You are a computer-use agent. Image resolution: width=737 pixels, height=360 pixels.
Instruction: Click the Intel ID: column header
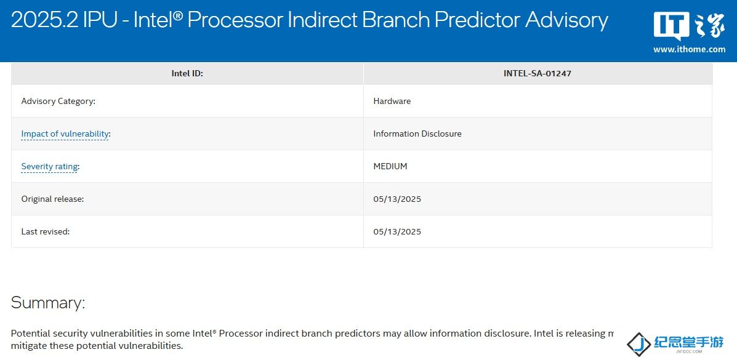[x=187, y=73]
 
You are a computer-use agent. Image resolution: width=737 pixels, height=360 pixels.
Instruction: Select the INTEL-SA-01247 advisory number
[x=538, y=73]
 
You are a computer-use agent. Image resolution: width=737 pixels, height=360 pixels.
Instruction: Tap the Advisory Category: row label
[x=58, y=101]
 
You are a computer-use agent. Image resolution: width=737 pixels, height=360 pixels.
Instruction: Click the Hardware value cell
[x=392, y=101]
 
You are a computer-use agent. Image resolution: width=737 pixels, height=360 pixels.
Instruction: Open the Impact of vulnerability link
[x=65, y=134]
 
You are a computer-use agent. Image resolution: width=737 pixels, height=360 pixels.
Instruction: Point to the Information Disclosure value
[x=417, y=134]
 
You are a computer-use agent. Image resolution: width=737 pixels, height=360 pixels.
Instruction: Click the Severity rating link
[x=49, y=166]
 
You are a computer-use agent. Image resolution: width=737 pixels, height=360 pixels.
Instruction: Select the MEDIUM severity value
[x=390, y=166]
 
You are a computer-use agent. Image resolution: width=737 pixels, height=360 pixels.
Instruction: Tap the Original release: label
[x=52, y=199]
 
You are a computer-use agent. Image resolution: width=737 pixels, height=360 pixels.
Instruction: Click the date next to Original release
[x=397, y=199]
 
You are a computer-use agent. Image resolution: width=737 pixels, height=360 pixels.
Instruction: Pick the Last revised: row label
[x=45, y=231]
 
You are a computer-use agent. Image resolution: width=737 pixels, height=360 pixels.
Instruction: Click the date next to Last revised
[x=397, y=231]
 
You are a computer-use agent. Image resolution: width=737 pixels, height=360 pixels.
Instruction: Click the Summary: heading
[x=48, y=302]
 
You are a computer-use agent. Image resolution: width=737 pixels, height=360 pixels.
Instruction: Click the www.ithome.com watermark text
[x=689, y=49]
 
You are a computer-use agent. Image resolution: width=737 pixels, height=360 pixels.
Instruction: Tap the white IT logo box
[x=672, y=26]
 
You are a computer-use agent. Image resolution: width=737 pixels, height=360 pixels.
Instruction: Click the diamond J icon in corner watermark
[x=638, y=344]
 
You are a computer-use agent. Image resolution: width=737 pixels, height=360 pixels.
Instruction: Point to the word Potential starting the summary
[x=29, y=334]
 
